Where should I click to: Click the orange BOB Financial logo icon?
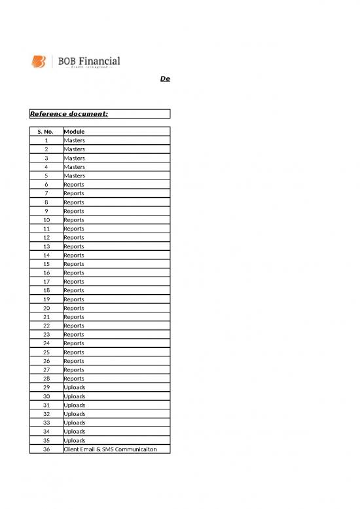[39, 62]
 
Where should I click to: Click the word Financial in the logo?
[99, 61]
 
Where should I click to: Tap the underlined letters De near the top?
[165, 79]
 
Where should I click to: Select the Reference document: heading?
[69, 114]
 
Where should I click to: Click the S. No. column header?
[46, 132]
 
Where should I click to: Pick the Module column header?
[74, 132]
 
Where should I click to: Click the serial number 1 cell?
[46, 140]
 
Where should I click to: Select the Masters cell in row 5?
[74, 176]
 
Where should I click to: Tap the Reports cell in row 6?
[73, 185]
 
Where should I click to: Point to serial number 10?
[46, 220]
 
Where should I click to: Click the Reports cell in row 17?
[73, 282]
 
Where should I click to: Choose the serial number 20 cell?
[46, 308]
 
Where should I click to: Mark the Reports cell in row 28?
[73, 379]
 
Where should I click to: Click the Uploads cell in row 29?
[74, 387]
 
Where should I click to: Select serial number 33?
[46, 423]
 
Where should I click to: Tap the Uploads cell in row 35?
[74, 440]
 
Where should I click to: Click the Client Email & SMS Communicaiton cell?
[110, 449]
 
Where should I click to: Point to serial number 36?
[46, 449]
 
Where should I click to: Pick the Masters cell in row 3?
[74, 158]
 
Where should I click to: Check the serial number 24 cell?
[46, 343]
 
